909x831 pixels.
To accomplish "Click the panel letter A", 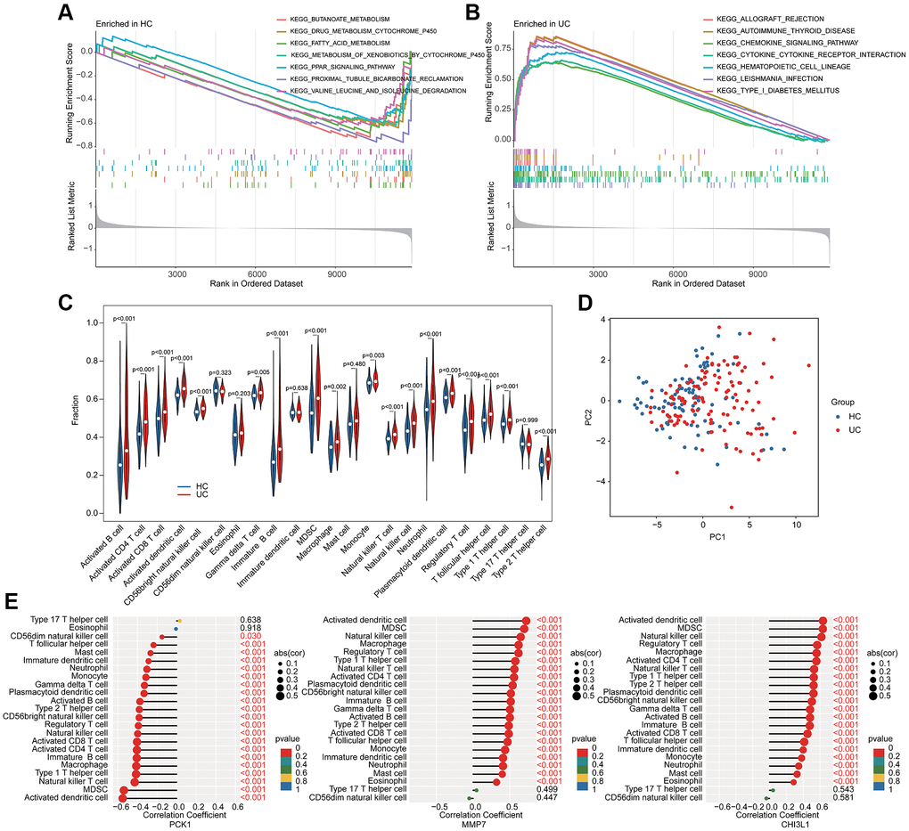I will (64, 13).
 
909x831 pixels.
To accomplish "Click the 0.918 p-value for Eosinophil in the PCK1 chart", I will (250, 629).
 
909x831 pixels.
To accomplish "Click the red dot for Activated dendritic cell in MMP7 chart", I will (526, 622).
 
